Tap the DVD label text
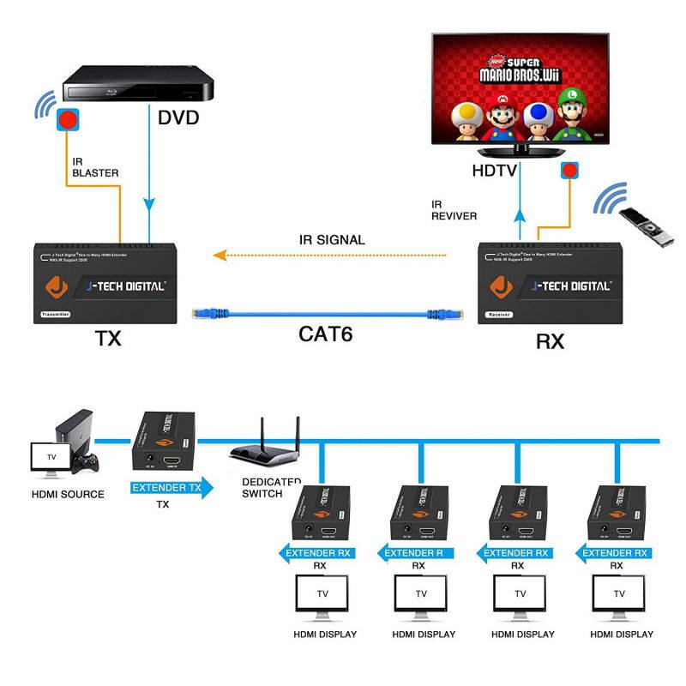tap(178, 117)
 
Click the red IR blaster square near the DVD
tap(67, 118)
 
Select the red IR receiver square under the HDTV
tap(569, 170)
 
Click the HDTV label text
tap(495, 171)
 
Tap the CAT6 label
tap(326, 333)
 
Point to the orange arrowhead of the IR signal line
tap(220, 255)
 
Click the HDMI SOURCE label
tap(68, 494)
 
